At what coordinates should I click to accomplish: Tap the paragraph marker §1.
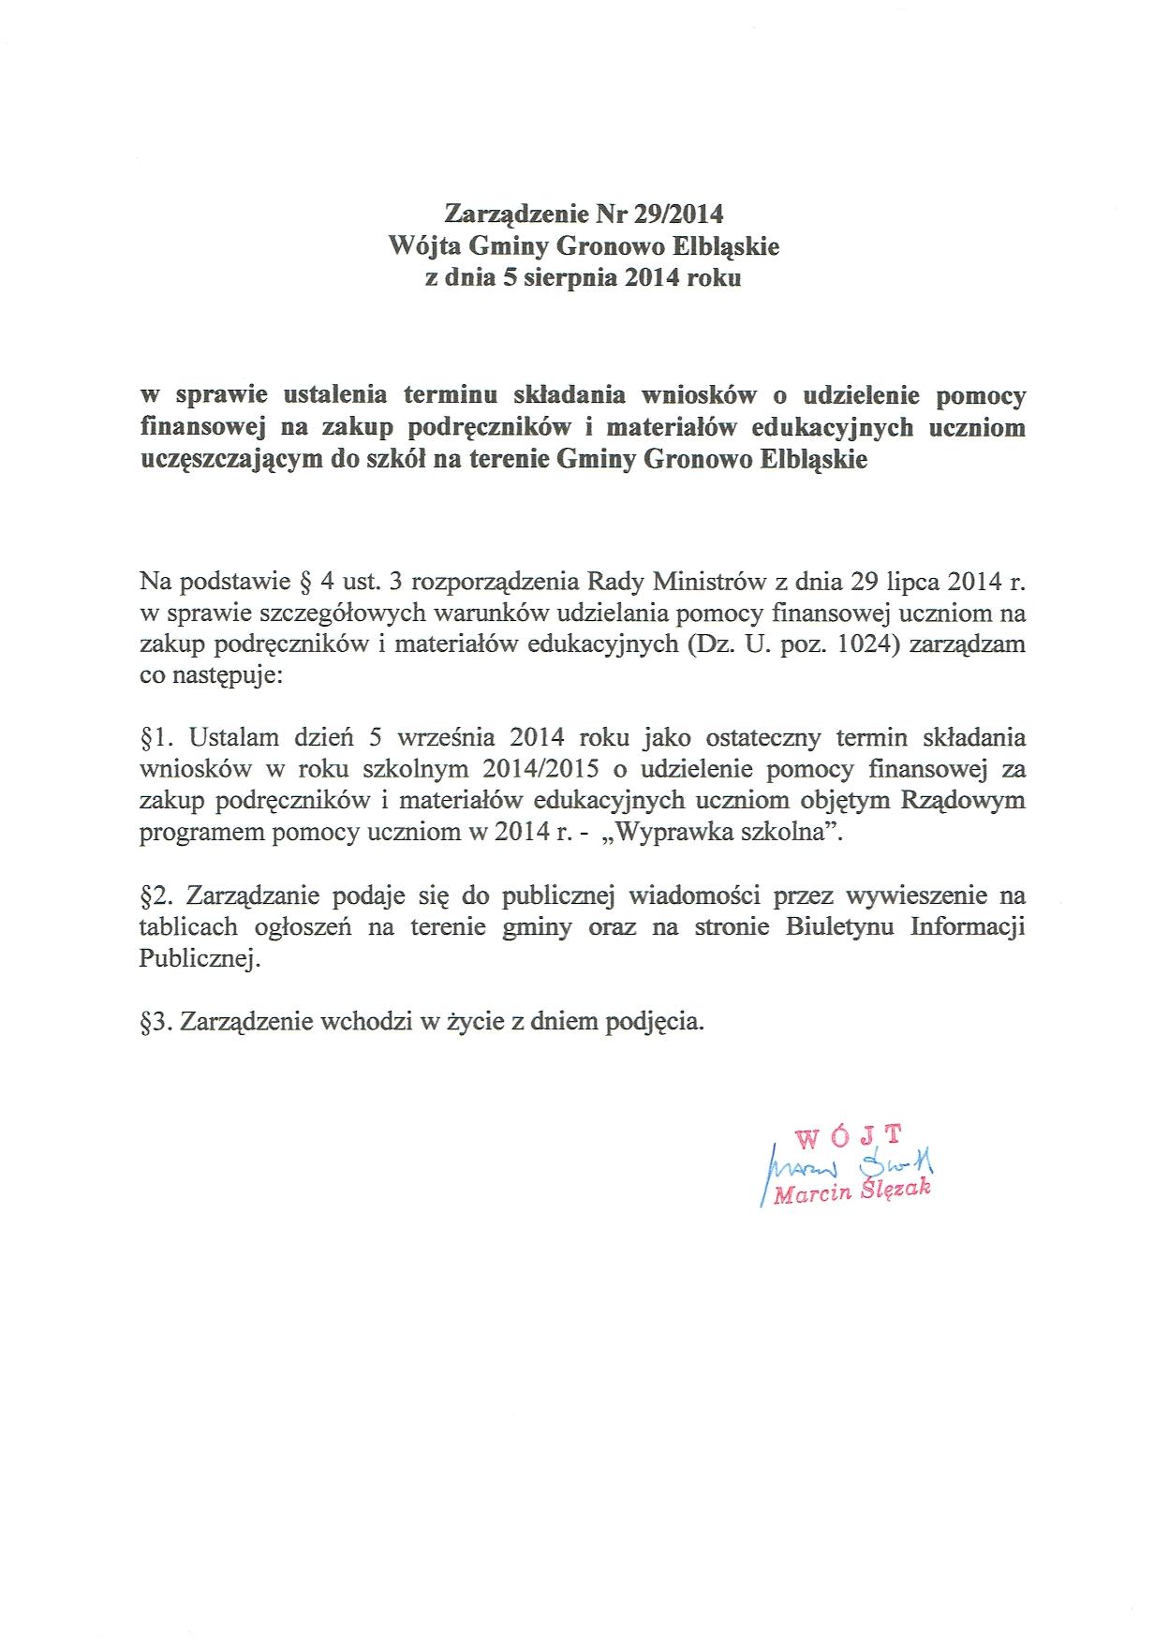(x=156, y=737)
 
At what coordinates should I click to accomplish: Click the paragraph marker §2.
(x=156, y=896)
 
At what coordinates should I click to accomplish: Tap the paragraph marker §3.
(x=156, y=1022)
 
